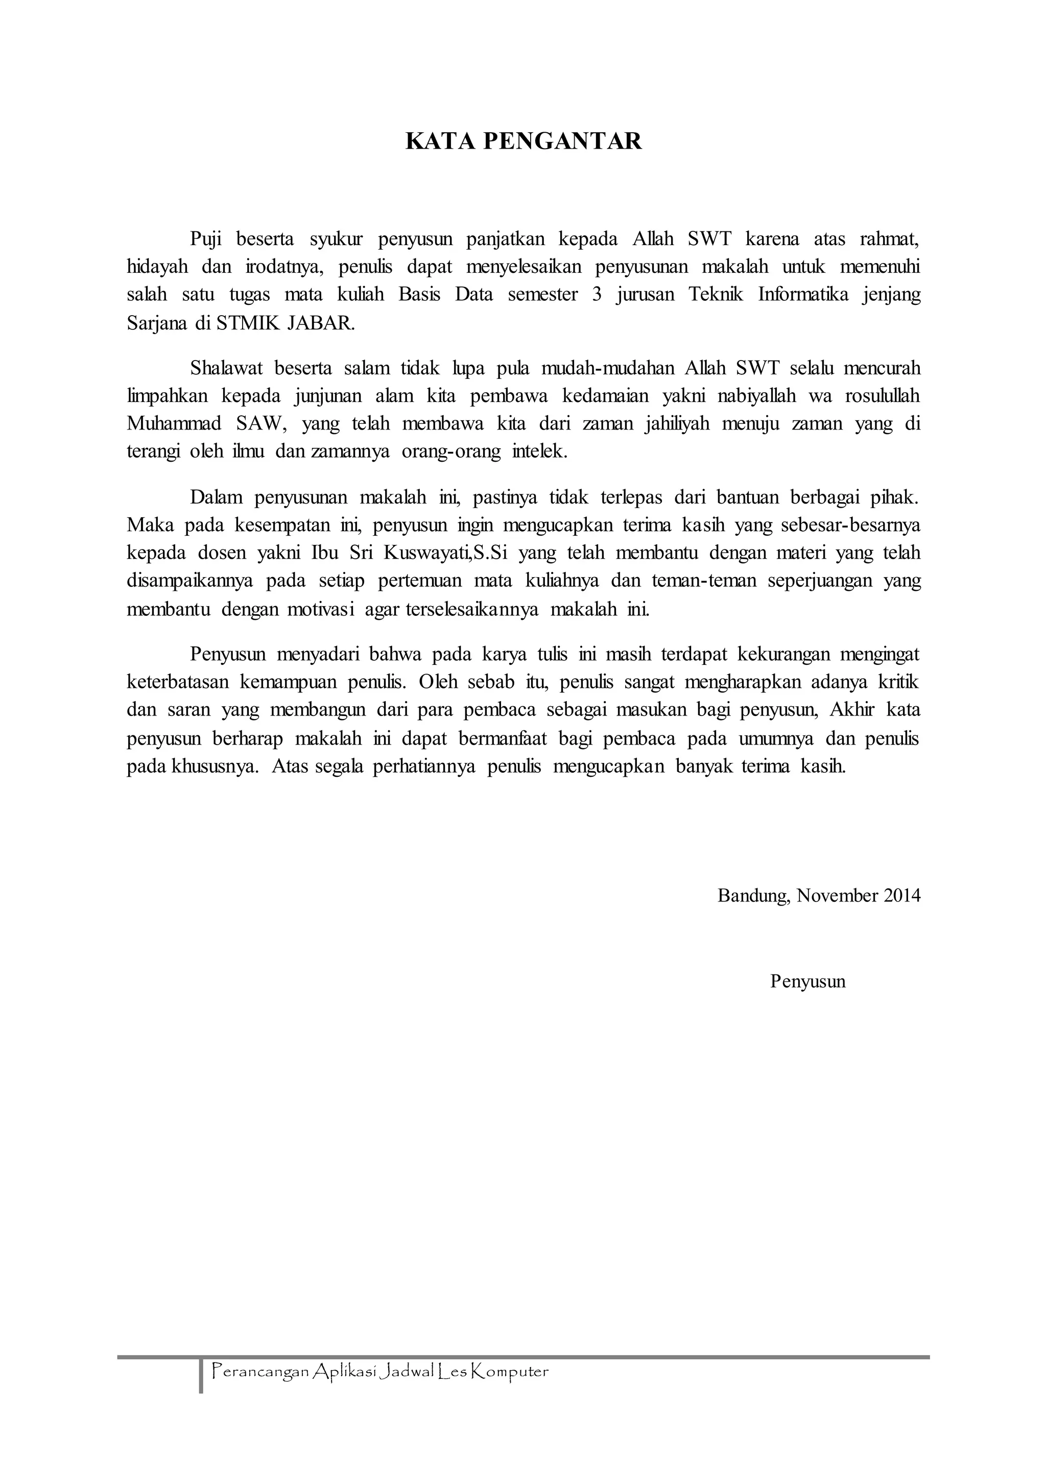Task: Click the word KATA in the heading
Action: tap(440, 141)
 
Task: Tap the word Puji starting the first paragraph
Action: tap(205, 239)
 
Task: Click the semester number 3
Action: tap(597, 294)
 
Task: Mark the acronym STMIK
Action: tap(247, 323)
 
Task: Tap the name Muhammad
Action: tap(174, 424)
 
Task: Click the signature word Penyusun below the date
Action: tap(807, 981)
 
